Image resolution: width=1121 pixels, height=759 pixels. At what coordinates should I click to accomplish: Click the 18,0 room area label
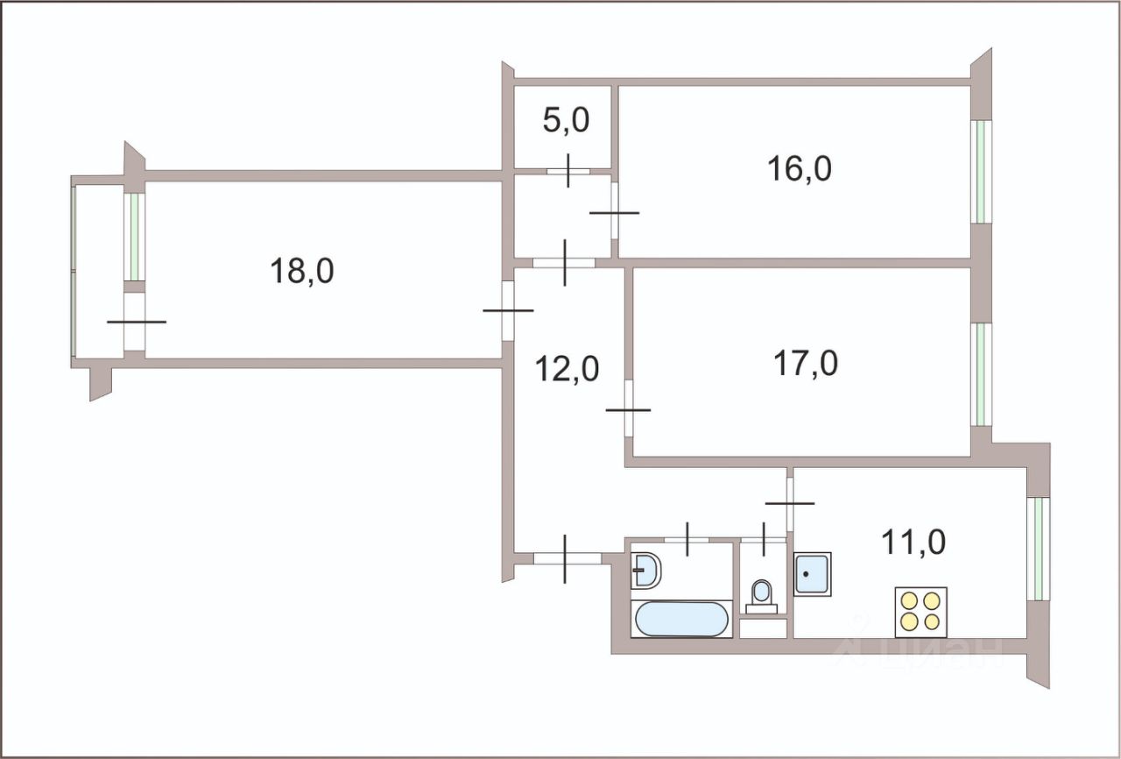click(302, 271)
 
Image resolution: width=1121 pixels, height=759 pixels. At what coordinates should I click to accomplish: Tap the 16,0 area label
click(799, 169)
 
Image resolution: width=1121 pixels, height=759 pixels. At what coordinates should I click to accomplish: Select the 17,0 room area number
click(805, 362)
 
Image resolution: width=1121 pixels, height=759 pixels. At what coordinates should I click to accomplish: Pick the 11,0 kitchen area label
click(914, 543)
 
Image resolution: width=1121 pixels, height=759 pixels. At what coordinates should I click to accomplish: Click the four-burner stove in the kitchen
click(920, 611)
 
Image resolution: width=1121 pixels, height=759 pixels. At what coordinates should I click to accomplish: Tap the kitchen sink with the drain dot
click(812, 574)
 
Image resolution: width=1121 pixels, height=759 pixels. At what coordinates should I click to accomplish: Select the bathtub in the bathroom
click(681, 619)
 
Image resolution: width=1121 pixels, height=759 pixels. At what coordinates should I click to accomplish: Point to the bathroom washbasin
click(646, 571)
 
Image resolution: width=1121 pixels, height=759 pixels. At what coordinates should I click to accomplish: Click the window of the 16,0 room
click(982, 171)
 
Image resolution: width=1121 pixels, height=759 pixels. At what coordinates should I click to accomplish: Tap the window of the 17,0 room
click(982, 374)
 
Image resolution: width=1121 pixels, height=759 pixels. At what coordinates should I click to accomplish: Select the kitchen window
click(1037, 549)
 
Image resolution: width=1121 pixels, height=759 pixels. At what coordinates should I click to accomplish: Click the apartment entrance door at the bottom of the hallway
click(566, 558)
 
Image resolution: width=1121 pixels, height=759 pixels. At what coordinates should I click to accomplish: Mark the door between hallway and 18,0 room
click(507, 310)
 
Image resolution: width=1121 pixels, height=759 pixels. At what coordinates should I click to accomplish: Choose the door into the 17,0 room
click(629, 409)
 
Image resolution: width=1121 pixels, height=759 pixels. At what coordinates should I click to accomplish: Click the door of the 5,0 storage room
click(568, 170)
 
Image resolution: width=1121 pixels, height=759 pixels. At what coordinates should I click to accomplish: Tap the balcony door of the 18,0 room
click(135, 322)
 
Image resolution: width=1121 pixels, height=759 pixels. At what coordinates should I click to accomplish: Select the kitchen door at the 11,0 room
click(789, 503)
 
